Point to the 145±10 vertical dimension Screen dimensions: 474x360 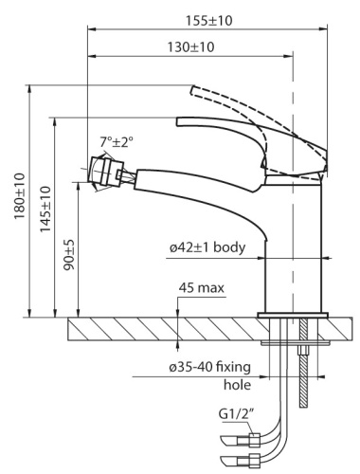tap(45, 215)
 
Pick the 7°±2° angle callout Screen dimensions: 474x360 tap(118, 142)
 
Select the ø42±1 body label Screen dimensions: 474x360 tap(208, 247)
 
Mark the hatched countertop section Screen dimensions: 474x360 tap(123, 329)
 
